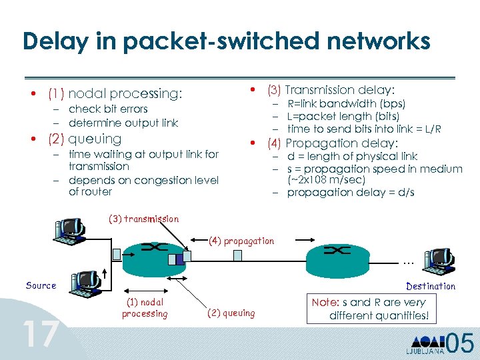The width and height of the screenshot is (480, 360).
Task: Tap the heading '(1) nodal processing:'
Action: (x=115, y=93)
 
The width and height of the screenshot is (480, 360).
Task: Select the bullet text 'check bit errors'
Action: (x=108, y=109)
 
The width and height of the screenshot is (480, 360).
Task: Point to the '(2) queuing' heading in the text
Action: (x=84, y=139)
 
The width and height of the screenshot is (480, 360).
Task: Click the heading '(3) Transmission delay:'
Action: (x=331, y=89)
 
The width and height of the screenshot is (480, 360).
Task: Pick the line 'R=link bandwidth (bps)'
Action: (x=346, y=103)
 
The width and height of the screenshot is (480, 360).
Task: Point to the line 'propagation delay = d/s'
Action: (x=351, y=193)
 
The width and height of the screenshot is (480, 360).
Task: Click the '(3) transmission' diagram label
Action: (x=143, y=219)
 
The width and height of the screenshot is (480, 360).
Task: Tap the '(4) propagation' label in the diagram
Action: (x=241, y=241)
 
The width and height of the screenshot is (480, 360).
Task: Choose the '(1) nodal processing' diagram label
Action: (x=145, y=308)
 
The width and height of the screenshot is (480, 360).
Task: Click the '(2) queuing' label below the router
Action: (x=231, y=313)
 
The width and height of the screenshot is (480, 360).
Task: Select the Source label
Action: (x=41, y=285)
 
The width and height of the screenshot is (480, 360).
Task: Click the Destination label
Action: (x=431, y=286)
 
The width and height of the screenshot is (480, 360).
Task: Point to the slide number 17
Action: (x=40, y=333)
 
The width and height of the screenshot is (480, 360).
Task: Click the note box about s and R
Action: (x=377, y=309)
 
